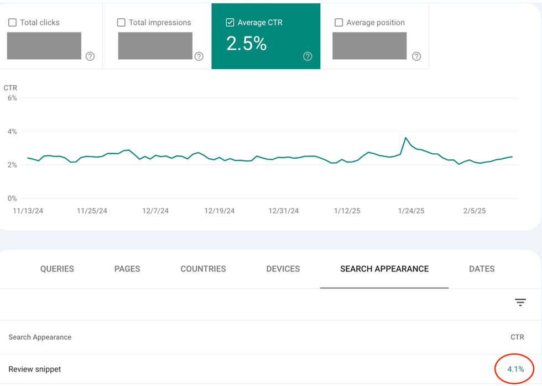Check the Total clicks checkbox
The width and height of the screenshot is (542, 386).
[12, 23]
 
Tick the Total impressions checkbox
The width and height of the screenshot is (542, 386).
[121, 23]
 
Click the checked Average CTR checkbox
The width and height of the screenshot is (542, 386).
[230, 23]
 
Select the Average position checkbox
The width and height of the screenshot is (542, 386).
[339, 23]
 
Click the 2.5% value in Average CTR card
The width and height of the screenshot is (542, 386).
[246, 44]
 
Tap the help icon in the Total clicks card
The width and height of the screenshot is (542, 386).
[90, 56]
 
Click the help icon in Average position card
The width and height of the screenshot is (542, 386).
[416, 56]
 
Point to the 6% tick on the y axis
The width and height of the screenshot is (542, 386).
[12, 98]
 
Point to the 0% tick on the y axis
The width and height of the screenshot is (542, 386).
[12, 198]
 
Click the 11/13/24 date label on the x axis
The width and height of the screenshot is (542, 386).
[28, 211]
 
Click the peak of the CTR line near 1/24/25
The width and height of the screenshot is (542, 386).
[406, 138]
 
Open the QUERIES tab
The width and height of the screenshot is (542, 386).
[57, 269]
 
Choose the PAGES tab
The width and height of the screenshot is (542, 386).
[127, 269]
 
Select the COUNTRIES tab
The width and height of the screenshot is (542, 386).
[203, 269]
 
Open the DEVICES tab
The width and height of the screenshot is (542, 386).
[283, 269]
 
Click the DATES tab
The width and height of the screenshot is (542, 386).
[481, 269]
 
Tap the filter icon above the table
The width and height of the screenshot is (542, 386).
[520, 302]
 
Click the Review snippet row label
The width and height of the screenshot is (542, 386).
[35, 369]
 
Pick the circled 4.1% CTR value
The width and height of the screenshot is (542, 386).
[515, 369]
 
